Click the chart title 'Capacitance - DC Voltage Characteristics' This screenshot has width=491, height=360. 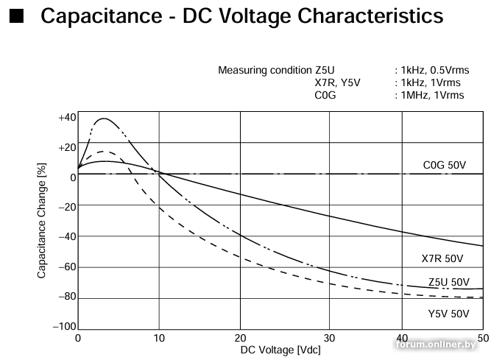[242, 16]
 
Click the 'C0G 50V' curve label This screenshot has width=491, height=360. [445, 166]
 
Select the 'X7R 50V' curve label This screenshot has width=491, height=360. [442, 258]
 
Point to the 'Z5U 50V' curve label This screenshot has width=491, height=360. [448, 282]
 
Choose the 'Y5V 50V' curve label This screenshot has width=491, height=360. [448, 314]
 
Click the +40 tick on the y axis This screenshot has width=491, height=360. [67, 118]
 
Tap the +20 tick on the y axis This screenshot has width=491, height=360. [67, 148]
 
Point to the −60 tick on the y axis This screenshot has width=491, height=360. [67, 267]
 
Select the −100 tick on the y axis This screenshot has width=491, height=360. [65, 326]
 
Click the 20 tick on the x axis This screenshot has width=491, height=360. [240, 337]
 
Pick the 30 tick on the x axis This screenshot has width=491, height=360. [321, 337]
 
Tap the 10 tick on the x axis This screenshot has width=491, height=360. [159, 337]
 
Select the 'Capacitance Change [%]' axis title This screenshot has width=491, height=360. [42, 221]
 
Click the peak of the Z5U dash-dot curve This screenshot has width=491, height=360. [103, 119]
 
